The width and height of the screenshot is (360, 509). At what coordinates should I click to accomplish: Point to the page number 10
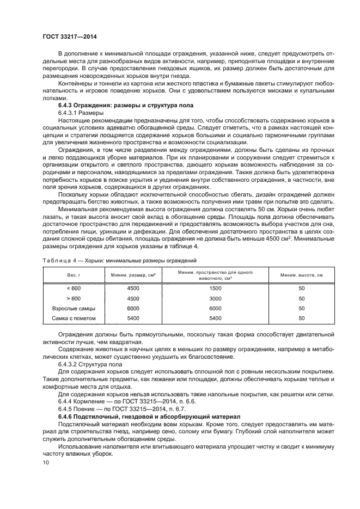click(46, 462)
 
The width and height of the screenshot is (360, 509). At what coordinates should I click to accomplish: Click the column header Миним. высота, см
click(301, 275)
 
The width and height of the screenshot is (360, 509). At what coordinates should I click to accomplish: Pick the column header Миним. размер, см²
click(133, 275)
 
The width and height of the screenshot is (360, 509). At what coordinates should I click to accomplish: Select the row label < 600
click(72, 289)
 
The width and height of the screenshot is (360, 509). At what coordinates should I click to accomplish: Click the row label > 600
click(72, 298)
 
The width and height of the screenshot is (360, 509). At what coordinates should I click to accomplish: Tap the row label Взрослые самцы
click(72, 308)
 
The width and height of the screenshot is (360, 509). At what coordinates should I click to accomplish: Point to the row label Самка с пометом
click(73, 318)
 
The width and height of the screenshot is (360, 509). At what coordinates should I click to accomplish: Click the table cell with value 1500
click(216, 289)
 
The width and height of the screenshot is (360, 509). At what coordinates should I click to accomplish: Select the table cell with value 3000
click(216, 298)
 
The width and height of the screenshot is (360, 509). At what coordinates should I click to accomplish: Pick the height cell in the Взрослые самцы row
click(301, 308)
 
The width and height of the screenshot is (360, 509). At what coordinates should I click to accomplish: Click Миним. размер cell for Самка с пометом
click(133, 318)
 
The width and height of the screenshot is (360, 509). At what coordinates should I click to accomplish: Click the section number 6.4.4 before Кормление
click(66, 402)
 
